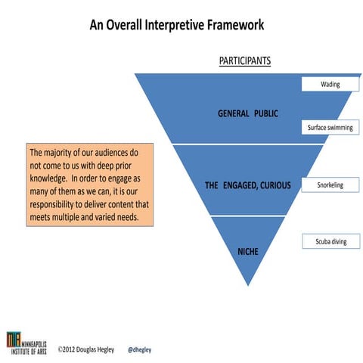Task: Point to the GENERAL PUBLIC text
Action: pos(248,113)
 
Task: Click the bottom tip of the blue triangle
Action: pos(248,285)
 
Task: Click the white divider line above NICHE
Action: pos(248,216)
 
